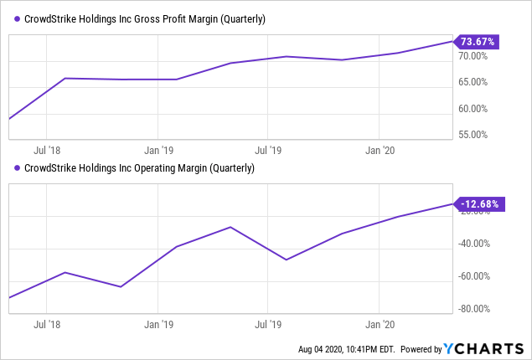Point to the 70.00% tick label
473,56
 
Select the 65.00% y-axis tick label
473,82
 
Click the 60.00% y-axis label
473,108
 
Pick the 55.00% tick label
473,134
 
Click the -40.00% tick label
474,244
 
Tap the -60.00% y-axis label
474,276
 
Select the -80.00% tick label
474,309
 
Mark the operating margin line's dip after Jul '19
287,260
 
